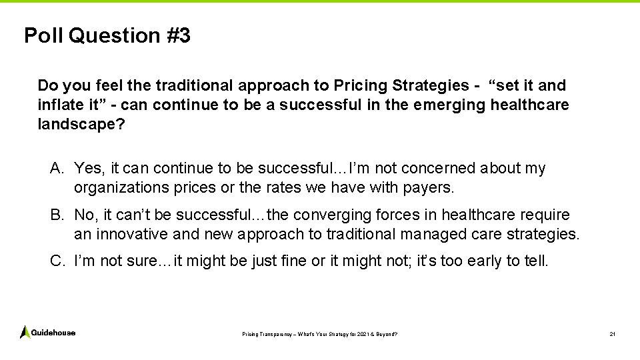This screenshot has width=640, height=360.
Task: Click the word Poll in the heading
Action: click(43, 35)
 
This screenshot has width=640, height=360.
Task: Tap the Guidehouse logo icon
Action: click(25, 332)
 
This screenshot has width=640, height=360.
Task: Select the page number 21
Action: click(612, 333)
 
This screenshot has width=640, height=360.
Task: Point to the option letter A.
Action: click(57, 169)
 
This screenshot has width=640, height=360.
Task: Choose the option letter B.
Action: click(57, 215)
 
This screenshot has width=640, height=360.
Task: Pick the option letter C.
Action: click(57, 261)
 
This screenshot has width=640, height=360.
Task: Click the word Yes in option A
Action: click(88, 169)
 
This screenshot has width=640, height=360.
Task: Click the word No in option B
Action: click(85, 215)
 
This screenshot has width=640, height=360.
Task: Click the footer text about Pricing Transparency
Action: click(319, 333)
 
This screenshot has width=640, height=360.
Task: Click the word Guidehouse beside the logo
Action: click(53, 333)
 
